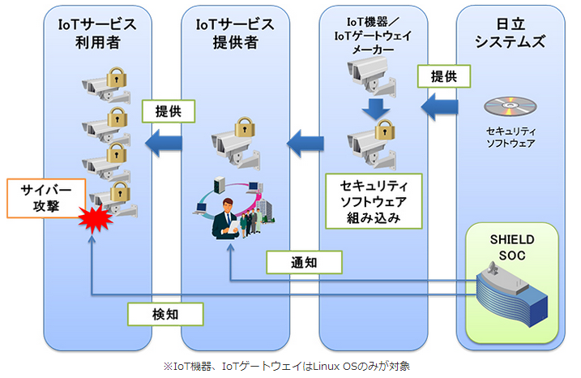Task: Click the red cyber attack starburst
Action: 96,218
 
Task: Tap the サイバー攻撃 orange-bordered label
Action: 46,198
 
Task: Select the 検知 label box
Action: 165,314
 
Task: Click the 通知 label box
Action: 304,262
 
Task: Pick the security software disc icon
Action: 510,106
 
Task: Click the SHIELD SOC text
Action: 512,247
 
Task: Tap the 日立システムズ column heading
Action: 511,33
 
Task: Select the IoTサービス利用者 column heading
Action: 97,33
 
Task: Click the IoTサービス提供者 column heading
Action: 235,33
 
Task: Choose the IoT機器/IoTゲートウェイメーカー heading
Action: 373,36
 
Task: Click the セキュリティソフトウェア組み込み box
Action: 374,201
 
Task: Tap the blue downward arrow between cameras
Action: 376,109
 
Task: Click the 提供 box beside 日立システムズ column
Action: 444,76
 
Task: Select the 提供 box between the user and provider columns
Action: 169,111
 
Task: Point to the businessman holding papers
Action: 226,219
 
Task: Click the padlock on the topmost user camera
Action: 117,77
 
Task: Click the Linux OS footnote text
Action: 286,367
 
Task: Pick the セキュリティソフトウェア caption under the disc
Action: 511,137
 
